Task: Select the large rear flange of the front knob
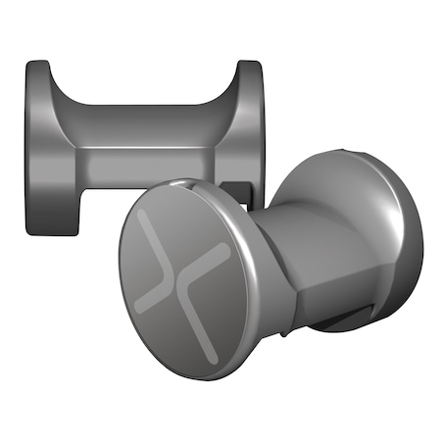392,245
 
